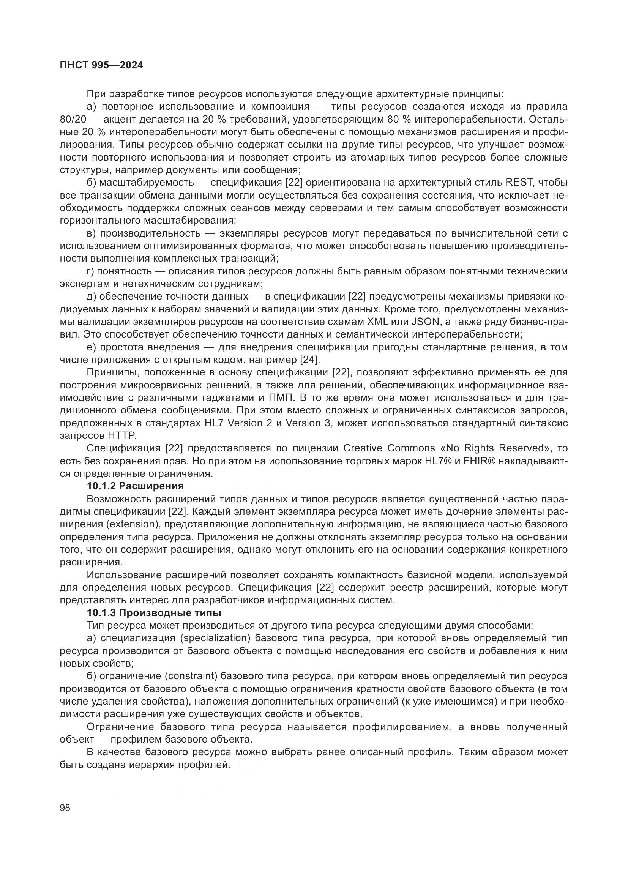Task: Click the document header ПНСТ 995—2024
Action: tap(101, 65)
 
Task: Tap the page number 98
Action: tap(65, 808)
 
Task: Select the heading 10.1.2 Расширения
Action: tap(135, 486)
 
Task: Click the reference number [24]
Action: tap(310, 360)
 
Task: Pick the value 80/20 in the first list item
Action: tap(72, 119)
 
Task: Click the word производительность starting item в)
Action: tap(150, 233)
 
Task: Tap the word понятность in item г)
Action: tap(123, 271)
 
